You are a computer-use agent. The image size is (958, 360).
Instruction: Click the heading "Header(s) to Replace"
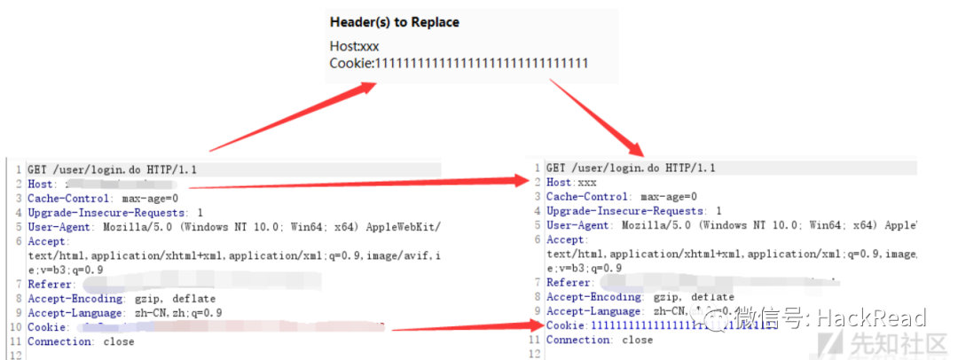[x=395, y=21]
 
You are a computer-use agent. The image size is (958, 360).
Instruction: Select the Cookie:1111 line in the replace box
[x=459, y=63]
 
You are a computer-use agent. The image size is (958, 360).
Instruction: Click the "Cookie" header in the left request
[x=48, y=327]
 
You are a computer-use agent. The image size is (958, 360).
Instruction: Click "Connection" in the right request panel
[x=578, y=340]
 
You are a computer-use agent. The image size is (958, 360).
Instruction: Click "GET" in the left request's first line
[x=37, y=168]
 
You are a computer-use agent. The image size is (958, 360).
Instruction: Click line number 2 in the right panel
[x=538, y=182]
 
